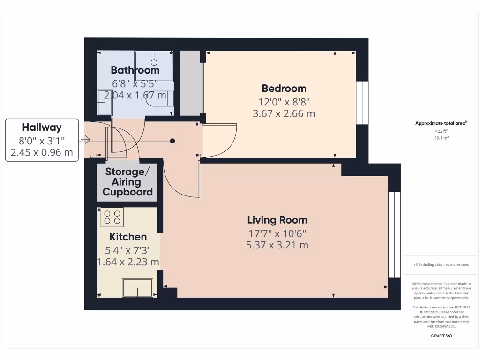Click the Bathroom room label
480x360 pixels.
tap(135, 70)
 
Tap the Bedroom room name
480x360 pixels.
tap(284, 88)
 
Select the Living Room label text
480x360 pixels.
tap(277, 220)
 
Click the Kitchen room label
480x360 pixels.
tap(128, 237)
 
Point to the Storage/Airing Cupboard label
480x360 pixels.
tap(128, 181)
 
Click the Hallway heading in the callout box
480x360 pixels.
tap(42, 127)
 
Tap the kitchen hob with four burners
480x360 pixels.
tap(112, 217)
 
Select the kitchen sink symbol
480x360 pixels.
tap(137, 287)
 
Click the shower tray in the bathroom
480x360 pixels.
tap(154, 66)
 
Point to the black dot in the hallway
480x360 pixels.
tap(172, 141)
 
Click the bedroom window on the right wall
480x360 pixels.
tap(362, 104)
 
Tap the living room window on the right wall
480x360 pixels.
tap(395, 234)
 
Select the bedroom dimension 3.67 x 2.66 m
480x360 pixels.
tap(284, 113)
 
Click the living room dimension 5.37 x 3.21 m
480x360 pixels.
tap(277, 245)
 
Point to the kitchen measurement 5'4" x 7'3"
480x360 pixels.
tap(128, 250)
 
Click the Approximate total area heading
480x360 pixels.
tap(441, 123)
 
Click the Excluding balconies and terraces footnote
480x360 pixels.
tap(441, 265)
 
